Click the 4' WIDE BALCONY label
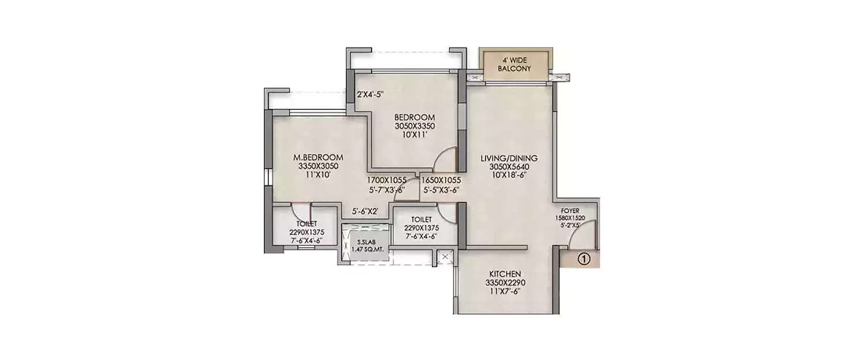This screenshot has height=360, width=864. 515,63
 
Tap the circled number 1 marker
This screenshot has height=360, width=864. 583,259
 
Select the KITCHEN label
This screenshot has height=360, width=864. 505,274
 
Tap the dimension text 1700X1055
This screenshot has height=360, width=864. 386,180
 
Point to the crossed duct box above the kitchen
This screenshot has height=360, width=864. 445,257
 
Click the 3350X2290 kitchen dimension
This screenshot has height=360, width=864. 505,282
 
